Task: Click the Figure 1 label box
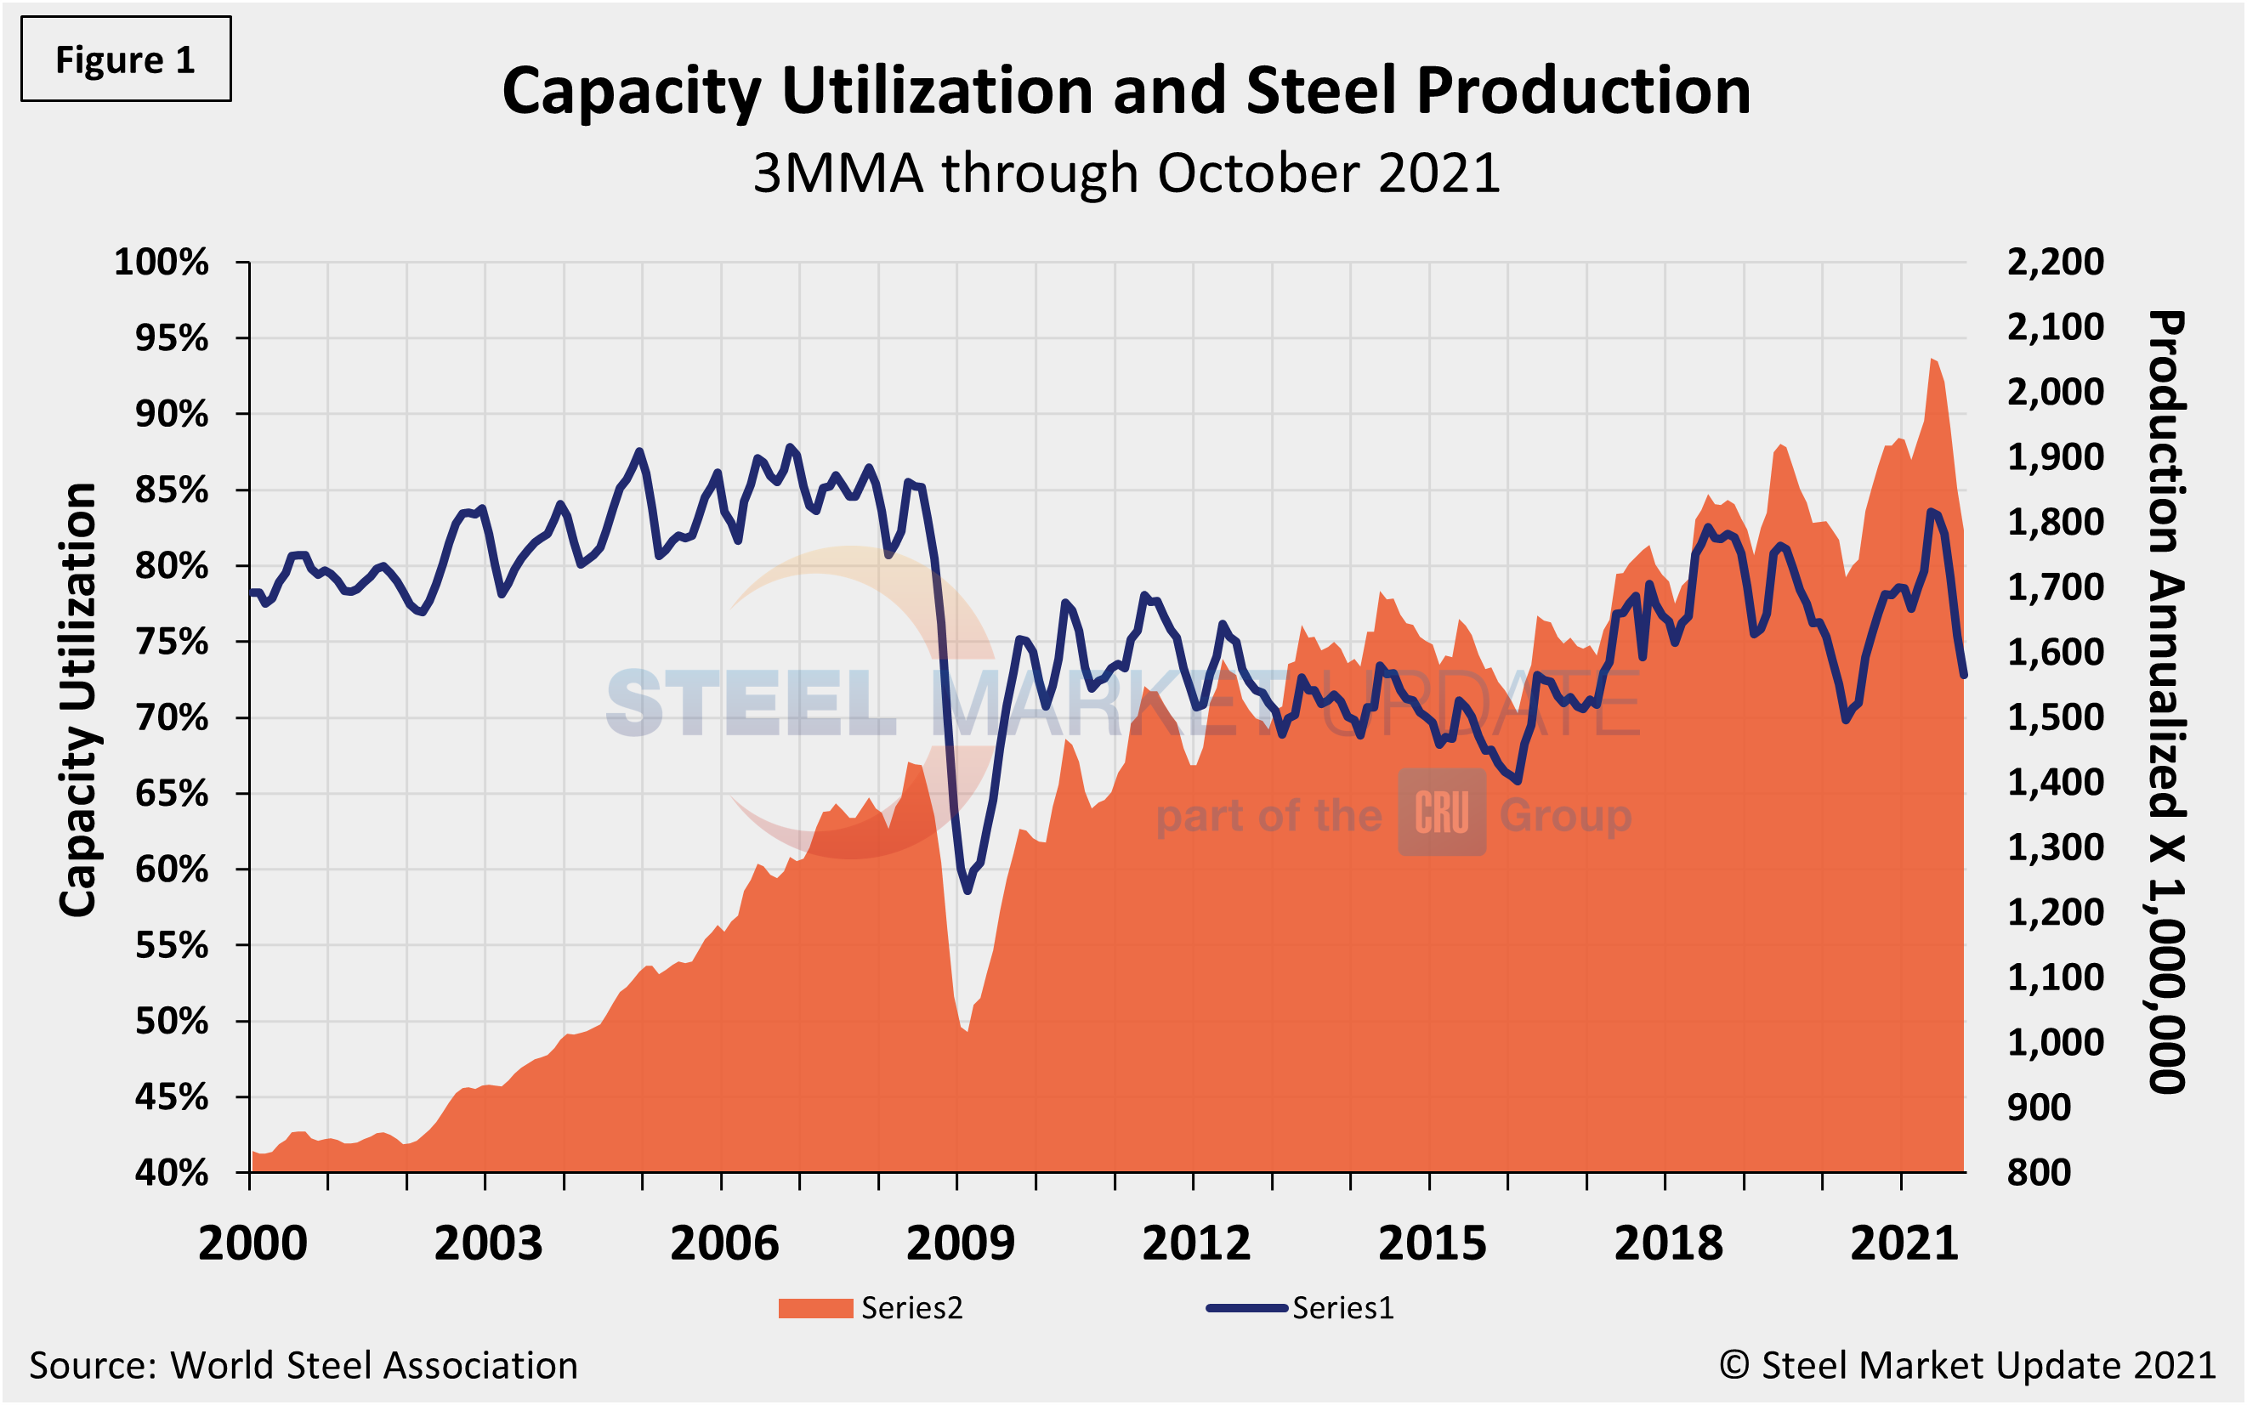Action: pyautogui.click(x=126, y=59)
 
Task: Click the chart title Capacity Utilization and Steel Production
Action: pyautogui.click(x=1126, y=91)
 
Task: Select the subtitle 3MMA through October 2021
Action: pyautogui.click(x=1126, y=173)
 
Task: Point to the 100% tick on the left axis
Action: pyautogui.click(x=161, y=262)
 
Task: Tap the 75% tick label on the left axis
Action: pyautogui.click(x=171, y=642)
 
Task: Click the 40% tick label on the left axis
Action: pyautogui.click(x=171, y=1173)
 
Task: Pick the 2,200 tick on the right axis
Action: pyautogui.click(x=2055, y=262)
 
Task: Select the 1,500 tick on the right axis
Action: pyautogui.click(x=2055, y=717)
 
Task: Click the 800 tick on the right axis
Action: pyautogui.click(x=2039, y=1173)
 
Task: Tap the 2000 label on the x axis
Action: pyautogui.click(x=252, y=1244)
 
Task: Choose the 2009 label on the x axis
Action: pyautogui.click(x=960, y=1244)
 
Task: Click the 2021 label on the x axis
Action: pyautogui.click(x=1904, y=1244)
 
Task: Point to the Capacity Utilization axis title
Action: pyautogui.click(x=78, y=699)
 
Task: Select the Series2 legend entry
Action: pyautogui.click(x=870, y=1308)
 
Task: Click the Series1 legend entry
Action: pyautogui.click(x=1301, y=1308)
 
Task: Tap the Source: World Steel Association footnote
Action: pyautogui.click(x=303, y=1366)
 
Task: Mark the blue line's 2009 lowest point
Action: pyautogui.click(x=967, y=890)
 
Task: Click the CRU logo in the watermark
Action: pyautogui.click(x=1441, y=813)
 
